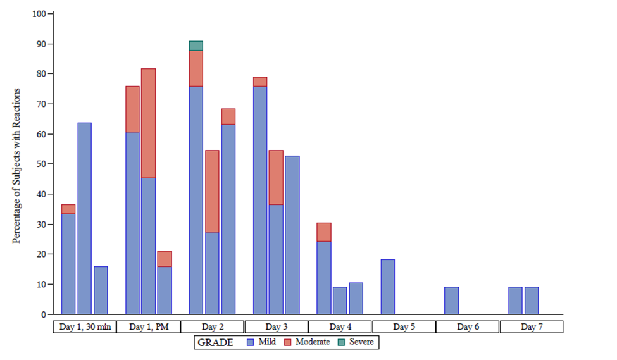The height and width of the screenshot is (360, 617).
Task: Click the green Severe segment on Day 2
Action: click(x=196, y=46)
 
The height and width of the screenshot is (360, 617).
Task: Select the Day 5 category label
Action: click(x=404, y=327)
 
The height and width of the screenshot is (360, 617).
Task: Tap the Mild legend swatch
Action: click(x=250, y=342)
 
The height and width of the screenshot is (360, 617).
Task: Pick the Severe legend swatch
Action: click(x=343, y=342)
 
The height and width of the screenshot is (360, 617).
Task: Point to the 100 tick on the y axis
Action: click(x=39, y=14)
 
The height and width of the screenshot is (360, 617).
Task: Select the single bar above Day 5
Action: click(x=387, y=287)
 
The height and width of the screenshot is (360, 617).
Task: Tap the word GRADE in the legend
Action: click(x=215, y=342)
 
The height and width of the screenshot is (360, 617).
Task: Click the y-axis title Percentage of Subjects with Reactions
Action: click(x=17, y=166)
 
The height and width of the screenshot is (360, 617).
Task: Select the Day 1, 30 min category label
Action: click(x=84, y=327)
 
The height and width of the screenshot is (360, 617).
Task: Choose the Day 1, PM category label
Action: click(x=148, y=327)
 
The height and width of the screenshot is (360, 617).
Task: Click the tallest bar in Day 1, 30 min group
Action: click(x=84, y=218)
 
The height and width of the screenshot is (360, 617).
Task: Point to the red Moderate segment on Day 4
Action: click(x=323, y=232)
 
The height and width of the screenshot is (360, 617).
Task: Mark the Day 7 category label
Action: click(x=531, y=327)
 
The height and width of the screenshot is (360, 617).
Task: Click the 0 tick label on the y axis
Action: click(x=43, y=314)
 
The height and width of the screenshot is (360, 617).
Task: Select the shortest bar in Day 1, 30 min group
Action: click(x=101, y=290)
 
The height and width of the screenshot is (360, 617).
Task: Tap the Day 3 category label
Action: click(x=276, y=327)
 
